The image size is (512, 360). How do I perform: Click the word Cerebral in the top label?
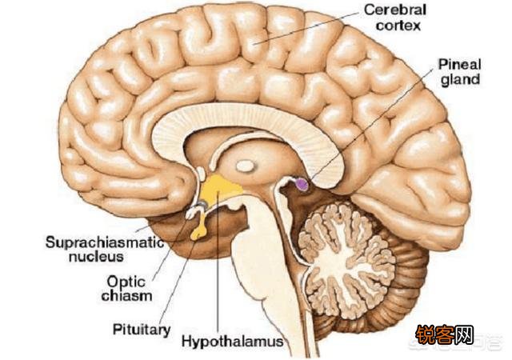(x=395, y=10)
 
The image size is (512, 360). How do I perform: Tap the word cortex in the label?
(x=398, y=26)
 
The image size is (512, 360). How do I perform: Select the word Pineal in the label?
(x=459, y=65)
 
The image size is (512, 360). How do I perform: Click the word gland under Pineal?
(x=461, y=80)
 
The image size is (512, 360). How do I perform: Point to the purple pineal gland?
(x=302, y=185)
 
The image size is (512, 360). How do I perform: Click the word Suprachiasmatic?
(x=105, y=242)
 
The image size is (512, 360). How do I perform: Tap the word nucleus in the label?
(x=96, y=257)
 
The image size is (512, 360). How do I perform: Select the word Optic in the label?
(x=126, y=282)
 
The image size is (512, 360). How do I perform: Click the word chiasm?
(x=126, y=296)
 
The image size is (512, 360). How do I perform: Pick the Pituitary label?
(x=142, y=330)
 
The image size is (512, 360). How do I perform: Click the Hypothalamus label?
(x=233, y=342)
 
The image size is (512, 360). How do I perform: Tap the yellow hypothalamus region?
(x=221, y=190)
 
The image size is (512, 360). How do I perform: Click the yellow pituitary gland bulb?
(x=199, y=234)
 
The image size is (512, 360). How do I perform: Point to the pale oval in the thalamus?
(x=245, y=166)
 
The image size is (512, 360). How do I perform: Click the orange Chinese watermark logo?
(x=445, y=335)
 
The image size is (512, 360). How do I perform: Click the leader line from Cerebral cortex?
(x=306, y=28)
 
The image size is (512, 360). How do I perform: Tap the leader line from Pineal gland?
(x=371, y=124)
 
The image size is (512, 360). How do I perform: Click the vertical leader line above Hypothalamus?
(x=218, y=262)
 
